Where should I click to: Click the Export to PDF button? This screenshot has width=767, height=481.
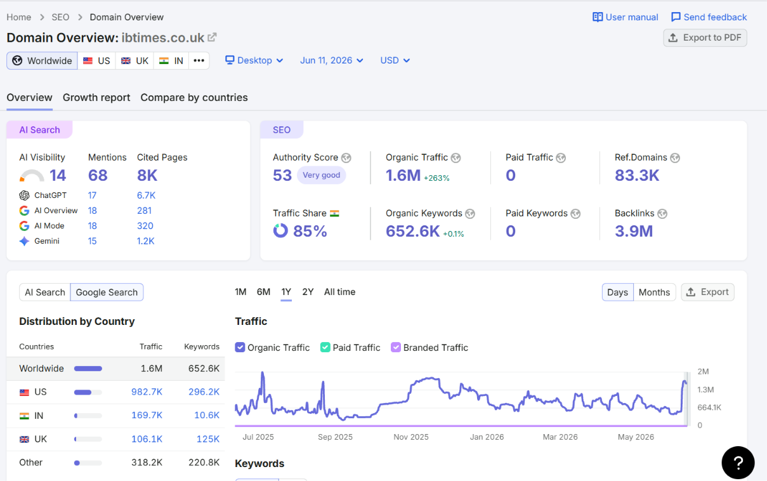coord(705,37)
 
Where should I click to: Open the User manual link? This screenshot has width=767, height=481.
coord(626,17)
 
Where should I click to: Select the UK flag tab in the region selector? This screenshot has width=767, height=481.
coord(134,61)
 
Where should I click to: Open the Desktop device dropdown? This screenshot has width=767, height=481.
coord(254,60)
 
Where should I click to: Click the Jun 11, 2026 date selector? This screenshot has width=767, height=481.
coord(331,60)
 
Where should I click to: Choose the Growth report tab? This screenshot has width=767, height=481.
coord(96,98)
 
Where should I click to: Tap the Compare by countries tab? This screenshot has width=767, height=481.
coord(193,98)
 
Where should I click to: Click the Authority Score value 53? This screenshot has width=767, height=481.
coord(282,175)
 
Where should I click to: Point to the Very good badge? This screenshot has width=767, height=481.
coord(321,175)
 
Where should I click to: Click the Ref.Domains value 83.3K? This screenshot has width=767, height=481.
coord(636,175)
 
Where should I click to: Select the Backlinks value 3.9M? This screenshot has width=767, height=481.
coord(634,231)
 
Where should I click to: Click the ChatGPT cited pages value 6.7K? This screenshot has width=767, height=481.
coord(146,195)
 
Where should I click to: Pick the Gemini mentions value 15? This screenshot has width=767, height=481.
coord(92,241)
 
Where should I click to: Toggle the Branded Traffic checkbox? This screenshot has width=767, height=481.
coord(396,347)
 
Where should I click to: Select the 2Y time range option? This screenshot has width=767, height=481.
coord(308,292)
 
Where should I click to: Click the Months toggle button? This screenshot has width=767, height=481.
coord(654,293)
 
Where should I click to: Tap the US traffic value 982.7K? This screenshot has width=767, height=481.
coord(147,392)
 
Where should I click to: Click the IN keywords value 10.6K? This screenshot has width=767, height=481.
coord(207,415)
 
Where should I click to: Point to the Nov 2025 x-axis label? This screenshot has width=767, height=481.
coord(411,437)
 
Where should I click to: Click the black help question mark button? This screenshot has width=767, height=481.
coord(738,463)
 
